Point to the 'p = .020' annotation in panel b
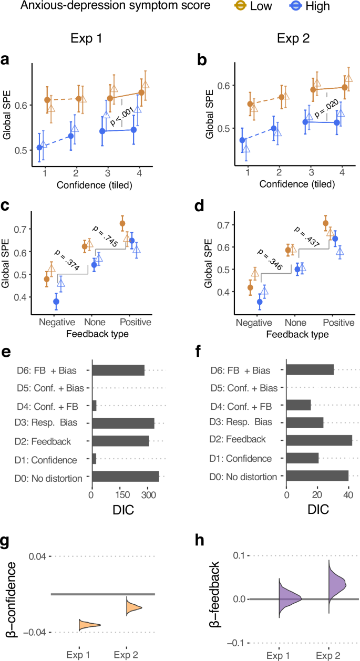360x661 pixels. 320,109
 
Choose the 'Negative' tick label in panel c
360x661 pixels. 53,322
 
